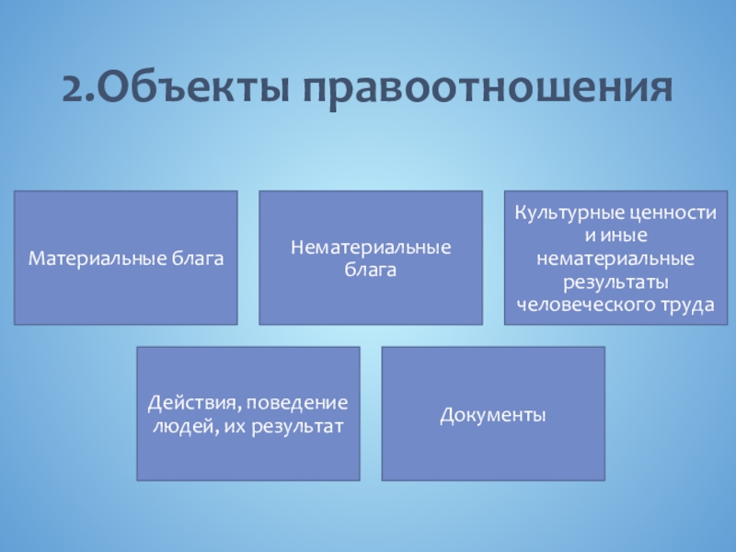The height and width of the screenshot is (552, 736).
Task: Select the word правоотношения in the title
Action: pyautogui.click(x=488, y=92)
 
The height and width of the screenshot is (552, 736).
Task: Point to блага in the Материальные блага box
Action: pyautogui.click(x=197, y=259)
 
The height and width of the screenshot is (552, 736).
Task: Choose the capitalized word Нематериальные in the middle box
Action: pyautogui.click(x=371, y=247)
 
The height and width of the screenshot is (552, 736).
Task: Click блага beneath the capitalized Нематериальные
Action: pyautogui.click(x=371, y=270)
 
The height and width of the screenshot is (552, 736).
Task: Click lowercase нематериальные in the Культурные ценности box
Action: pyautogui.click(x=615, y=259)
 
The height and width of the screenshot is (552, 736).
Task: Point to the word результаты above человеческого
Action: pyautogui.click(x=615, y=283)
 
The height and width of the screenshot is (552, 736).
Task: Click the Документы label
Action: pyautogui.click(x=493, y=416)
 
